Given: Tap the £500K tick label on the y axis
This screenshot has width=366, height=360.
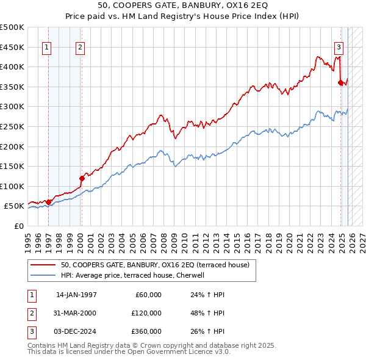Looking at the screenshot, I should pyautogui.click(x=12, y=27).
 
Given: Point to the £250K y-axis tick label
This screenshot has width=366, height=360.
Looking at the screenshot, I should pyautogui.click(x=12, y=126).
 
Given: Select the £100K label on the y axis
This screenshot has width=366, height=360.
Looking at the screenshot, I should pyautogui.click(x=12, y=186).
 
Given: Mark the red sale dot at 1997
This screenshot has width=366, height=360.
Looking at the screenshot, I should pyautogui.click(x=49, y=202).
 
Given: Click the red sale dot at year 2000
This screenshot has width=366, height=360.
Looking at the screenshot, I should pyautogui.click(x=82, y=178).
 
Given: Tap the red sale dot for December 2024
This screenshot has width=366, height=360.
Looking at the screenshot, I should pyautogui.click(x=340, y=83).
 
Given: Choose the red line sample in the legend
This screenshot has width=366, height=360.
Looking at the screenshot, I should pyautogui.click(x=44, y=265).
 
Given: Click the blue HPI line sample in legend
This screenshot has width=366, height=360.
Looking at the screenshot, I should pyautogui.click(x=44, y=275).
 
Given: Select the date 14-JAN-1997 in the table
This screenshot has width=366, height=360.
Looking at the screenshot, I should pyautogui.click(x=76, y=295).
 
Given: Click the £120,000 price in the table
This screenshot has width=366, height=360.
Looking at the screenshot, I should pyautogui.click(x=147, y=313).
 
